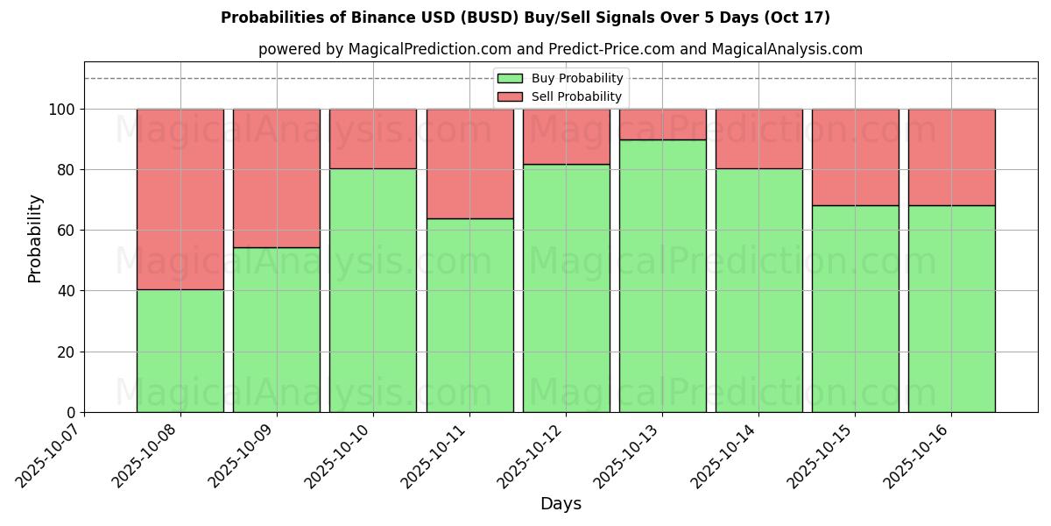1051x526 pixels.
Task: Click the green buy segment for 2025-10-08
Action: tap(180, 351)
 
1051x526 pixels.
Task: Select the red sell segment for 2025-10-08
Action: tap(180, 199)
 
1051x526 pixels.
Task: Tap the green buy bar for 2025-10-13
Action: tap(662, 276)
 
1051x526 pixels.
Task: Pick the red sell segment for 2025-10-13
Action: tap(662, 124)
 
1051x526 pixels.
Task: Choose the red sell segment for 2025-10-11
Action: tap(469, 163)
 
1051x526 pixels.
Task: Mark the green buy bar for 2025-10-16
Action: tap(951, 309)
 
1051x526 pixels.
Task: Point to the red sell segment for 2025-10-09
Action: tap(277, 178)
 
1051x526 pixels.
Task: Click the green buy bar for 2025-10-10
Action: tap(373, 290)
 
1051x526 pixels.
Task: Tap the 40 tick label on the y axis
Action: tap(67, 291)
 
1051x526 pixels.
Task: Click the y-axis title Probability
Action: tap(35, 238)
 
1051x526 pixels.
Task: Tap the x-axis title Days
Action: tap(561, 504)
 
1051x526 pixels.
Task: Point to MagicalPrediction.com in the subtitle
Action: tap(424, 49)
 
